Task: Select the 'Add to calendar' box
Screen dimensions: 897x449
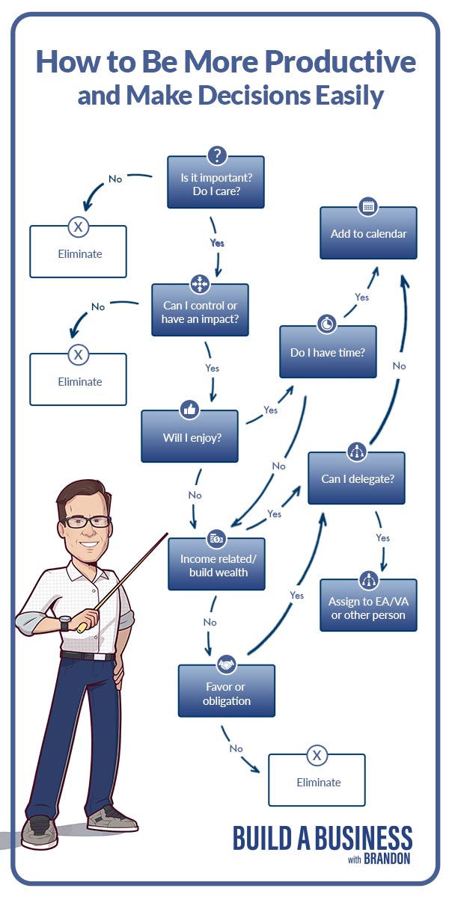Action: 368,234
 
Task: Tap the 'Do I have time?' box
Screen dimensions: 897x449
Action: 328,352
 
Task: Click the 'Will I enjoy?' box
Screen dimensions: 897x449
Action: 190,437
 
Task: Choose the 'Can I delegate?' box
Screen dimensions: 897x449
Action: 356,479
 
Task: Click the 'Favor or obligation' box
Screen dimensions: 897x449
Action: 226,694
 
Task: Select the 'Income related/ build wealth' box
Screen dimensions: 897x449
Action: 216,566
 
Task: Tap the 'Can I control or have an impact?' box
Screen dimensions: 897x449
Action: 201,312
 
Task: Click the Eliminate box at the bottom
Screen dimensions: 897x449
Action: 317,782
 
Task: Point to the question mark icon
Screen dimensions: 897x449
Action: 216,156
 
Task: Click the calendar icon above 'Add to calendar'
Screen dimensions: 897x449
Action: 367,206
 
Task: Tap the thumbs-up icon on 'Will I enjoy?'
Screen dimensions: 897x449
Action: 189,410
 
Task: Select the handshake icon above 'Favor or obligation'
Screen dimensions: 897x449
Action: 226,665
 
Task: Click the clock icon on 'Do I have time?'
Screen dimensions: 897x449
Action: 327,324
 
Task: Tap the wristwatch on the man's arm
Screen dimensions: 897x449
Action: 66,623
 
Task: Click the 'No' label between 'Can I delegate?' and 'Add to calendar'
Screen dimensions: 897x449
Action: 399,366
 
